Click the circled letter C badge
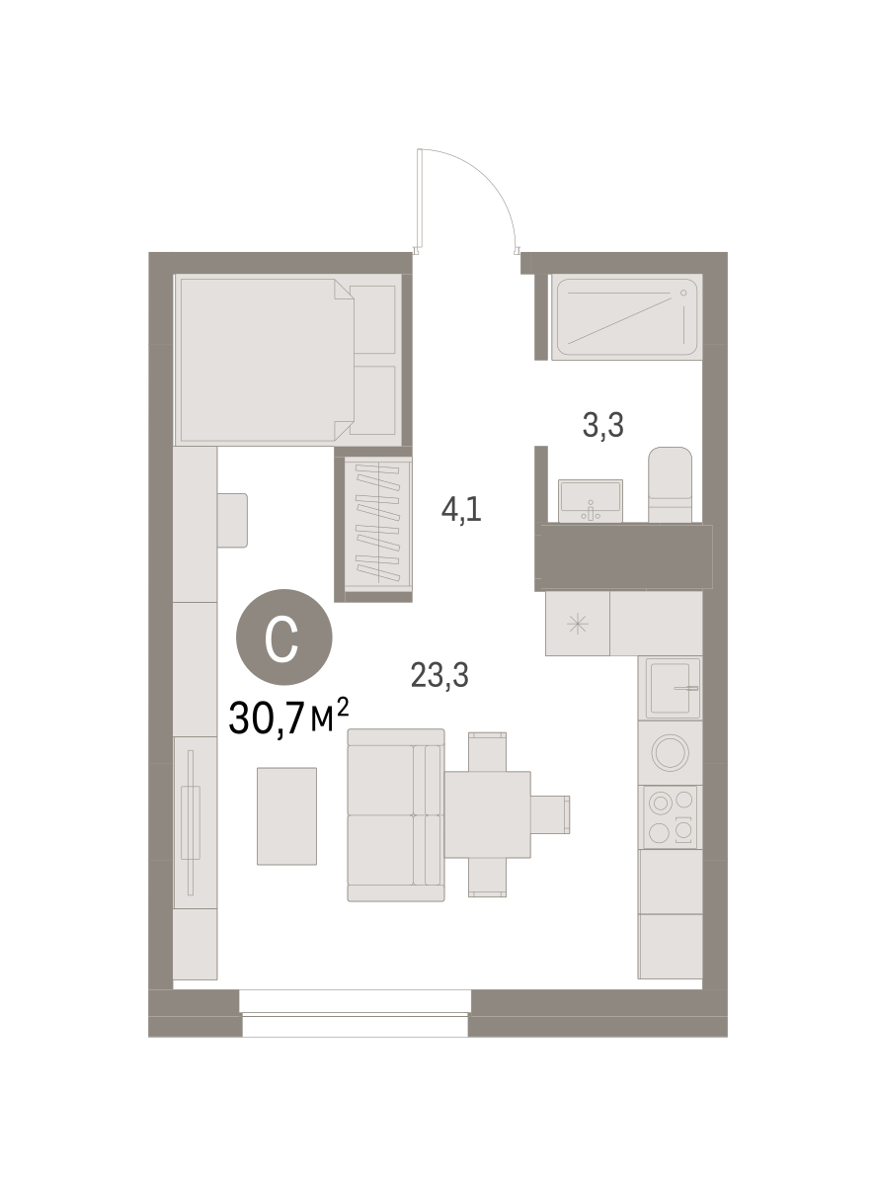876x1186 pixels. pyautogui.click(x=283, y=636)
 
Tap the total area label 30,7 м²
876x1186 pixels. pyautogui.click(x=288, y=718)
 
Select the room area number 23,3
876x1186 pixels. pyautogui.click(x=439, y=675)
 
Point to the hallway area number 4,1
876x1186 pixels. pyautogui.click(x=461, y=509)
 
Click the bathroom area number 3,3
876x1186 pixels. pyautogui.click(x=602, y=426)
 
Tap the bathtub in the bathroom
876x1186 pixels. pyautogui.click(x=626, y=317)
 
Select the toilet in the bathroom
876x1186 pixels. pyautogui.click(x=670, y=484)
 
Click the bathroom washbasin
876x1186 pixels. pyautogui.click(x=590, y=500)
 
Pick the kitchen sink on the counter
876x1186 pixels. pyautogui.click(x=673, y=688)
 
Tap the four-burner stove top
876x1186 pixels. pyautogui.click(x=670, y=816)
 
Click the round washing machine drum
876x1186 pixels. pyautogui.click(x=670, y=752)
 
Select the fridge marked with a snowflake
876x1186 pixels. pyautogui.click(x=577, y=624)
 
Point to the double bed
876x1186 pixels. pyautogui.click(x=287, y=360)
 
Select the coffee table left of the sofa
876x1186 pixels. pyautogui.click(x=286, y=816)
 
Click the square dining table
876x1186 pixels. pyautogui.click(x=488, y=814)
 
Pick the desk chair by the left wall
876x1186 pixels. pyautogui.click(x=232, y=520)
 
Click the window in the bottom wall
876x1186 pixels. pyautogui.click(x=355, y=1013)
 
